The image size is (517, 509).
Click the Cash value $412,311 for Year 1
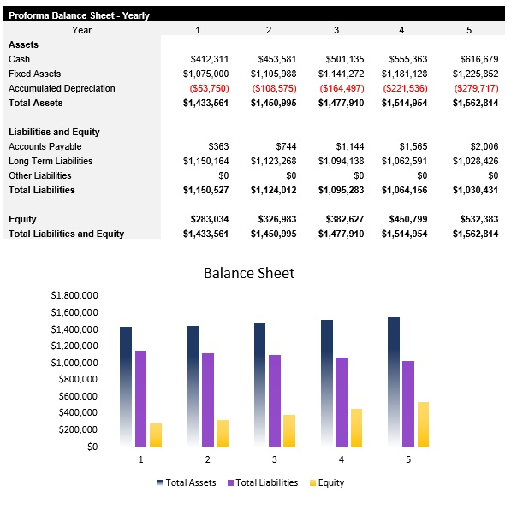210,59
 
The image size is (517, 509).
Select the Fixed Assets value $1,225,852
475,74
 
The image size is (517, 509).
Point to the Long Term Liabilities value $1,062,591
407,161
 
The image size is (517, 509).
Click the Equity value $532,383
475,219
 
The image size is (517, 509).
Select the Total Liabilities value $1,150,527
206,190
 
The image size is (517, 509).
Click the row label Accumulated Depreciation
62,88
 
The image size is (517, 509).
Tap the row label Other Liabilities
40,175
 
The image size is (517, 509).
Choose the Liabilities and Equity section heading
54,132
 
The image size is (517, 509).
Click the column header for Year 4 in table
401,30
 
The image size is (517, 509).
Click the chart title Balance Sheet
249,273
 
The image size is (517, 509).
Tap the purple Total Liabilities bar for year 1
140,398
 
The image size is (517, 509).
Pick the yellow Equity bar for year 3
289,430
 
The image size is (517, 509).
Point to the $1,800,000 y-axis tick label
74,295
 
